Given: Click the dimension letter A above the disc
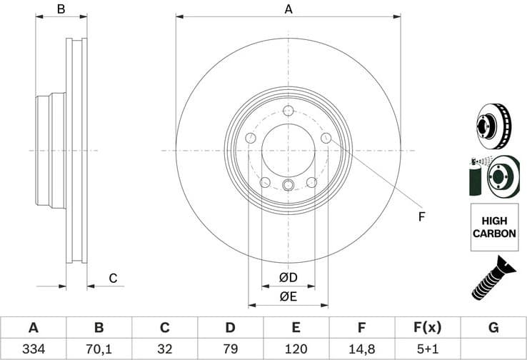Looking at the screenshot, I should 288,9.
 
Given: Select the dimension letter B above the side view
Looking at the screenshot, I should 61,9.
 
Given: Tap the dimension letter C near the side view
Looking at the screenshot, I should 112,279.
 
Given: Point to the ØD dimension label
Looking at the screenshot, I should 288,277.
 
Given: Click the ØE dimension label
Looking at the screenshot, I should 288,296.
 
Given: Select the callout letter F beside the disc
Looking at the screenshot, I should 421,216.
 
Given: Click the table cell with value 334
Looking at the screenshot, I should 33,349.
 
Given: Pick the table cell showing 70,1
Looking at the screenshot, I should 99,349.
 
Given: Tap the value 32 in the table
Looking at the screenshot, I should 164,349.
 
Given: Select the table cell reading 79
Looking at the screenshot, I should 230,349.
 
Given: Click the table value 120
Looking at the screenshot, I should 296,349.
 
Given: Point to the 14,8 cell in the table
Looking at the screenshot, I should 361,349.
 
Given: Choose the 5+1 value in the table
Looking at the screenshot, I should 427,349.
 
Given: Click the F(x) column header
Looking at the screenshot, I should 427,328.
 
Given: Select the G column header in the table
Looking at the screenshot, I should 493,328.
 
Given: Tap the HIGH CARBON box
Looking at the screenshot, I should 494,227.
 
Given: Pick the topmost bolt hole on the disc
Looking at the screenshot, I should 288,111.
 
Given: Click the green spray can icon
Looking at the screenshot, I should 476,176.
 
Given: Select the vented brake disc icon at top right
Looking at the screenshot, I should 494,124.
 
